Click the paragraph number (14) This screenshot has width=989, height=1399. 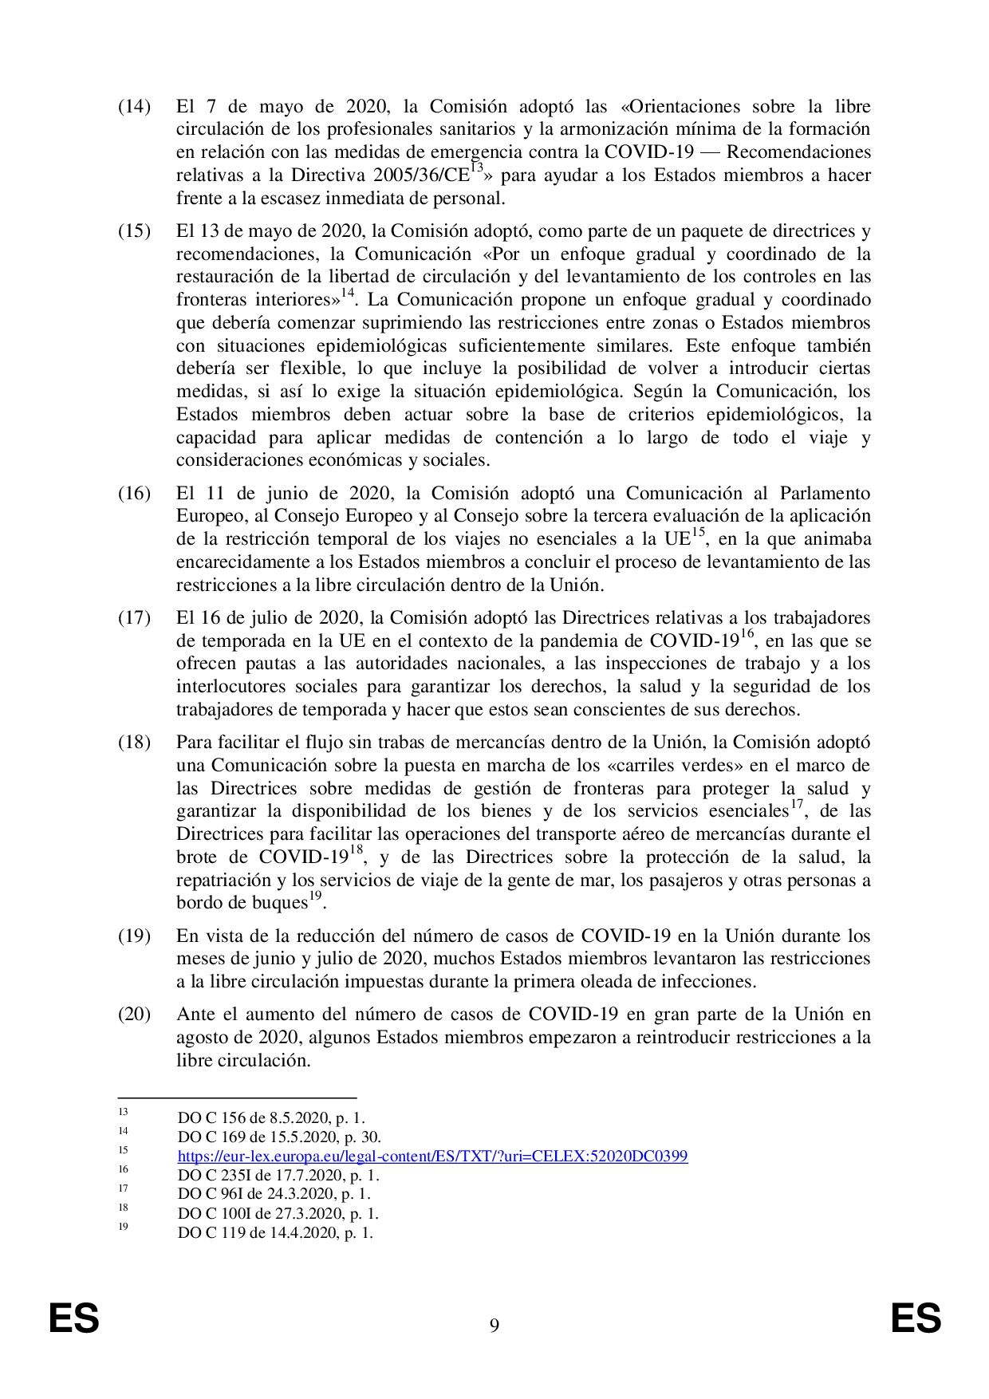(134, 107)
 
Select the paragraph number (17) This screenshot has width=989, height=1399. (134, 618)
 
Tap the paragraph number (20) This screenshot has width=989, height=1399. (134, 1015)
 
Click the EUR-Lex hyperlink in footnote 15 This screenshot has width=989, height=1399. (432, 1157)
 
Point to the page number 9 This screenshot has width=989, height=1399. (494, 1326)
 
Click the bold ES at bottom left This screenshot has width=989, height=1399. (74, 1318)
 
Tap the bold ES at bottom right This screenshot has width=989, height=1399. (916, 1318)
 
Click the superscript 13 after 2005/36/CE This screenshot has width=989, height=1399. (476, 169)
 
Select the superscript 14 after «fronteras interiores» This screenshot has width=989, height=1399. (347, 294)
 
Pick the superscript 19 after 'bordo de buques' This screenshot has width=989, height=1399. (316, 897)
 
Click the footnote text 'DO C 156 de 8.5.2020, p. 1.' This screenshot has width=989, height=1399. (271, 1118)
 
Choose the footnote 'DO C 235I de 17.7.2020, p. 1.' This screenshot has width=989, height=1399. (278, 1176)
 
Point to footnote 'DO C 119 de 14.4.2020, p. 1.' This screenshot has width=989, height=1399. (275, 1232)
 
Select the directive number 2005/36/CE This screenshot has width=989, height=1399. (416, 175)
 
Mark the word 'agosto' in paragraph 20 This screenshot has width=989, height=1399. (198, 1038)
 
